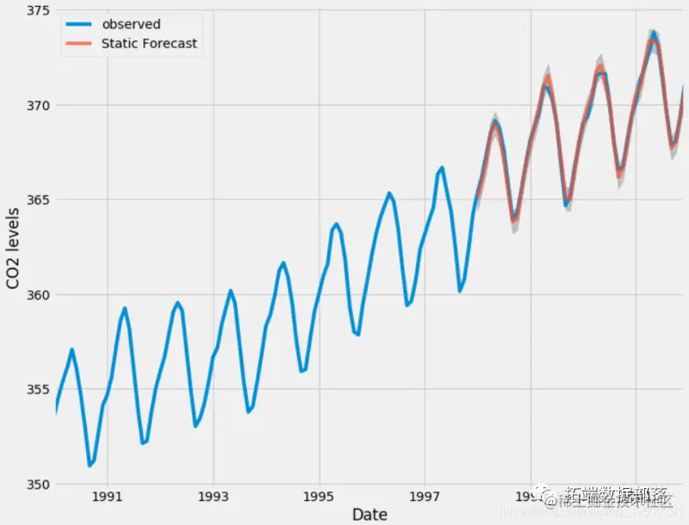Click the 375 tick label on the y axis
pyautogui.click(x=36, y=11)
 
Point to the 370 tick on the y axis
pyautogui.click(x=36, y=106)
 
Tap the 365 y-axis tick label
pyautogui.click(x=36, y=201)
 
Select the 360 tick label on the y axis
pyautogui.click(x=36, y=295)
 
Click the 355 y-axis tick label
pyautogui.click(x=36, y=390)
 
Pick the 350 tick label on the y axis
pyautogui.click(x=36, y=485)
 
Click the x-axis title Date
pyautogui.click(x=369, y=514)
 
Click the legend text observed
pyautogui.click(x=131, y=24)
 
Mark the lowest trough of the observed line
pyautogui.click(x=90, y=466)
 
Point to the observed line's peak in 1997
pyautogui.click(x=442, y=168)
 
